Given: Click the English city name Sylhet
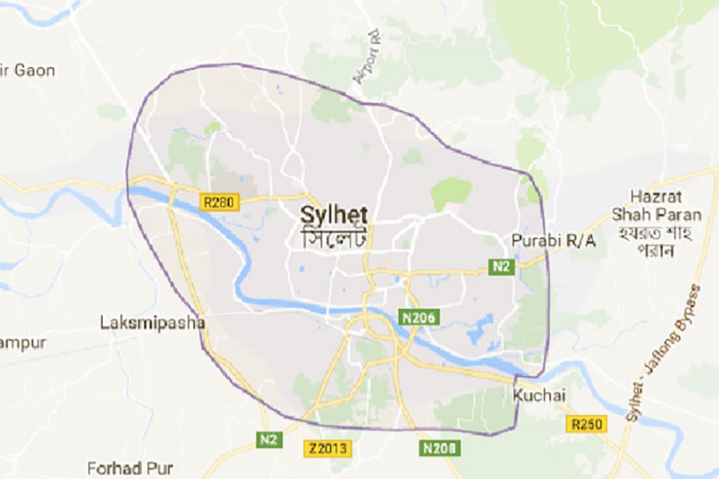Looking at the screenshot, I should [334, 214].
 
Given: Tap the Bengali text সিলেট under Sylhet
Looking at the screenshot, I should [334, 237].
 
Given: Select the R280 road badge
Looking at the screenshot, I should [220, 204].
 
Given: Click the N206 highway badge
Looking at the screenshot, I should [419, 318].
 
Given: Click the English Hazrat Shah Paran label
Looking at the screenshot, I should [666, 206].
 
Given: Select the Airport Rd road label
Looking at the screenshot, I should [363, 57].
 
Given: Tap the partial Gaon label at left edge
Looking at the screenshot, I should [29, 70].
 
